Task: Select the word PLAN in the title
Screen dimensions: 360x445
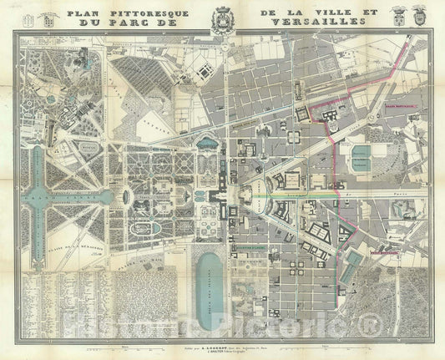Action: click(90, 14)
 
